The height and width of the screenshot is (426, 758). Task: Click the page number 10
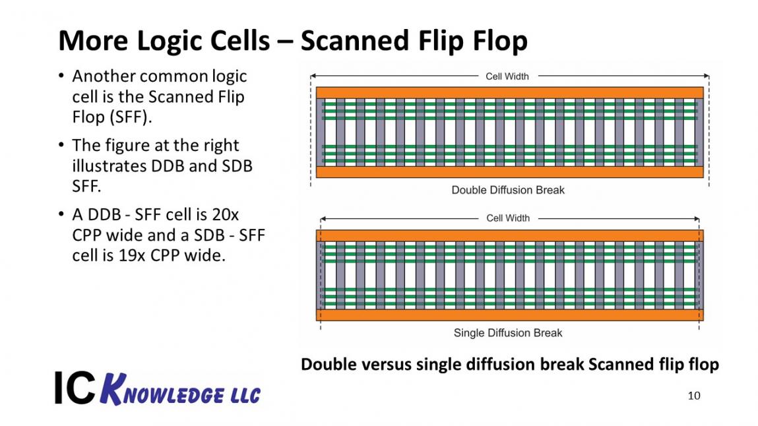(x=694, y=396)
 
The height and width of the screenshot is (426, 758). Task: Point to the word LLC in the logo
(x=245, y=396)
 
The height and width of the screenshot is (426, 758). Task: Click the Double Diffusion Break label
(x=507, y=191)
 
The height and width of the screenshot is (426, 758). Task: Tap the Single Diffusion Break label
(x=507, y=333)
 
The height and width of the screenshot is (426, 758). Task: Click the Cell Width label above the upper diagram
(x=507, y=76)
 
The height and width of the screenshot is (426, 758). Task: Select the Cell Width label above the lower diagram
(x=507, y=218)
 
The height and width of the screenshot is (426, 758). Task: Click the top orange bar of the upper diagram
(x=509, y=93)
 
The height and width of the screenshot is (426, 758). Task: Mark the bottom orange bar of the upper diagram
(x=509, y=172)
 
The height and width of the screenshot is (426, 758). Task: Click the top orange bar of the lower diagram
(x=509, y=235)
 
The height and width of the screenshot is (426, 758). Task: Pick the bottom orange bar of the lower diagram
(x=509, y=315)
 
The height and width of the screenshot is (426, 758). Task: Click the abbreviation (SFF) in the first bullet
(x=131, y=117)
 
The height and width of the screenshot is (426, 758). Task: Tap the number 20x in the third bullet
(x=225, y=214)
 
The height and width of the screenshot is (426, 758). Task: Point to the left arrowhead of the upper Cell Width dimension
(x=313, y=76)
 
